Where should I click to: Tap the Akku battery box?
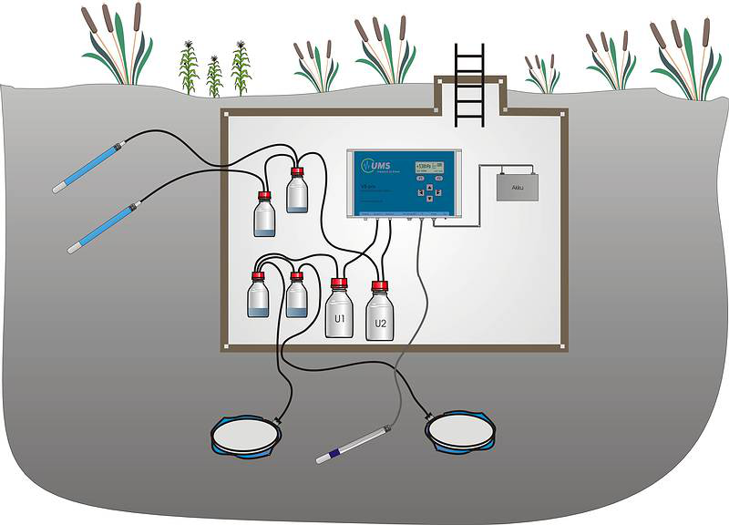point(517,186)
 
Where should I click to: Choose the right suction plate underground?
point(463,433)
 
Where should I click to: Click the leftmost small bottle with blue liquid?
point(259,296)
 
